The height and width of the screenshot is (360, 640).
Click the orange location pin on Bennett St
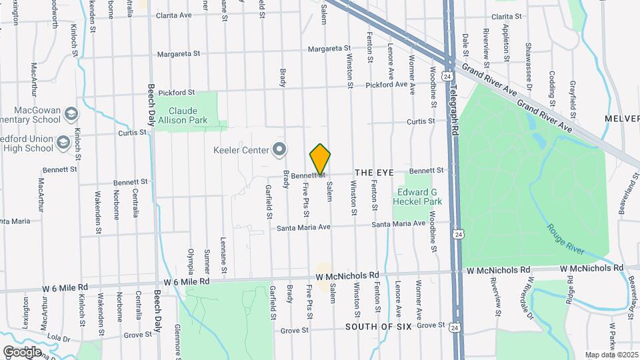[321, 159]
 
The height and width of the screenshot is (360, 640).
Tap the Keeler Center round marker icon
[279, 149]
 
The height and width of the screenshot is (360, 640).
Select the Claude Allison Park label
[188, 115]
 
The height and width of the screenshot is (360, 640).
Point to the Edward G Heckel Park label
[417, 196]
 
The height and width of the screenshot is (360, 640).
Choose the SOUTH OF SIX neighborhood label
[377, 327]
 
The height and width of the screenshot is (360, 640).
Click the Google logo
[22, 351]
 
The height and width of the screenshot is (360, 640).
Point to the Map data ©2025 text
[611, 355]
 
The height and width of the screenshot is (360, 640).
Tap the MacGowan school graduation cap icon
[71, 115]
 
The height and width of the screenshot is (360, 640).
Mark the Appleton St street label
[507, 46]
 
